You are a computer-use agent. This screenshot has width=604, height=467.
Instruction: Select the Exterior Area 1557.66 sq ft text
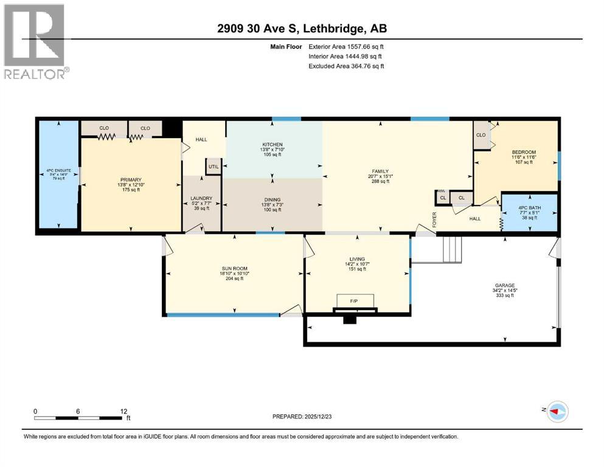tap(346, 46)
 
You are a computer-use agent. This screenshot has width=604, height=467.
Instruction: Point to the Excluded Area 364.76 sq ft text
tap(346, 66)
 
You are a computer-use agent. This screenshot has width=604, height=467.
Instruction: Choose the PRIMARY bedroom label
tap(130, 180)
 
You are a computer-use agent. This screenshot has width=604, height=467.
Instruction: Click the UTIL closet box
tap(214, 167)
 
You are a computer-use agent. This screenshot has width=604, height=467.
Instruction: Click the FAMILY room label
tap(380, 171)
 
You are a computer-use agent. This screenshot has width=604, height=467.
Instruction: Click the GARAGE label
tap(505, 285)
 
